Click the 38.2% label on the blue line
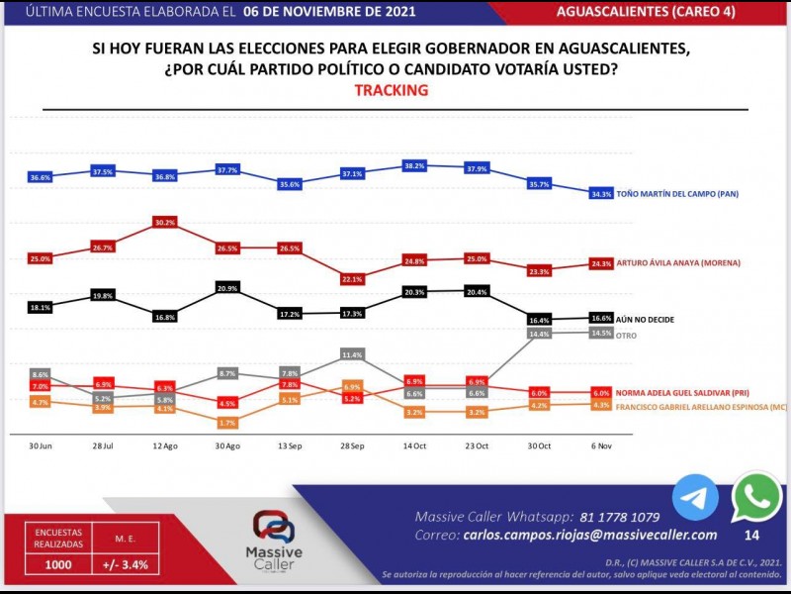click(415, 166)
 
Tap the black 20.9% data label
click(226, 287)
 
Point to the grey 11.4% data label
click(353, 353)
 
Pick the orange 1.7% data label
click(226, 423)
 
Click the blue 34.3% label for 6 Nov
click(601, 193)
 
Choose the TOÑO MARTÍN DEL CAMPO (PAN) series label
click(678, 194)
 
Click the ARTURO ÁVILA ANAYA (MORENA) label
click(677, 263)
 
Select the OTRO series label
click(627, 336)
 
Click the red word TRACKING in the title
click(391, 90)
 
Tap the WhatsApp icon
click(756, 497)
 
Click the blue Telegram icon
click(696, 498)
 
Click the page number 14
click(751, 536)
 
